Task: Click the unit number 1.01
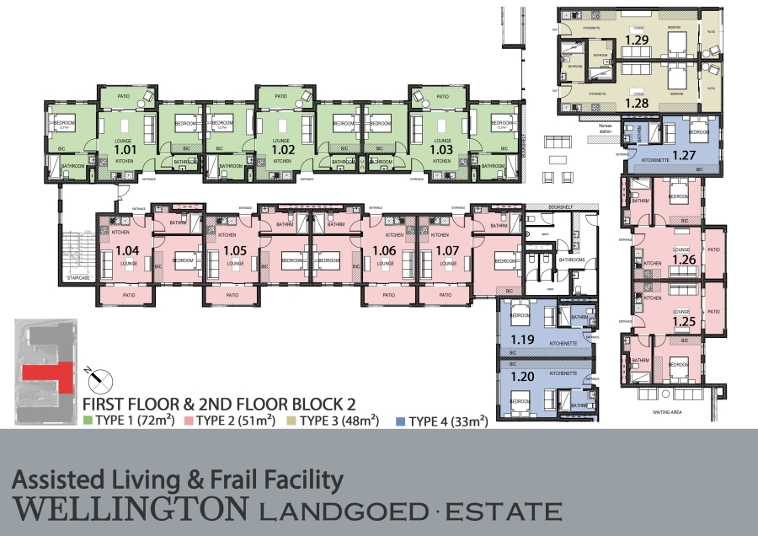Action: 125,150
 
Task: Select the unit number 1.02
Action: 281,150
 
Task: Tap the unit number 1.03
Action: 441,150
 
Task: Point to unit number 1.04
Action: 128,250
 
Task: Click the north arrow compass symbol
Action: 95,376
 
